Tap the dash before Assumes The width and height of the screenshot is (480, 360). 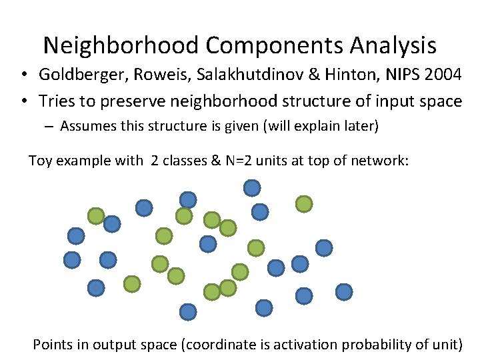(x=51, y=127)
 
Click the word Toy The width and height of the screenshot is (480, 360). (x=40, y=160)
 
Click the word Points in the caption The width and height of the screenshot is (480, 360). (x=51, y=345)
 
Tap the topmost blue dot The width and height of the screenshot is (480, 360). (x=251, y=188)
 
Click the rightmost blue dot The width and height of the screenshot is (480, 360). (x=344, y=291)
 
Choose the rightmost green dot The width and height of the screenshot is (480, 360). (x=304, y=204)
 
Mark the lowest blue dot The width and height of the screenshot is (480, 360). (x=188, y=311)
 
